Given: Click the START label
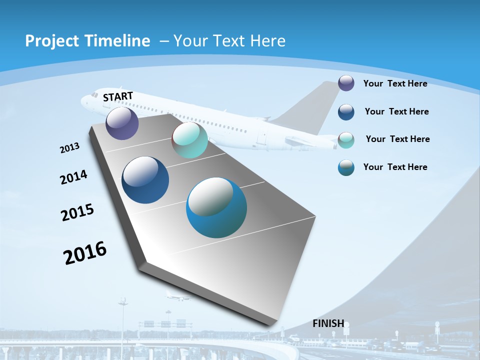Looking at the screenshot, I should coord(118,96).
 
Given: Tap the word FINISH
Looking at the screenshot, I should coord(328,323).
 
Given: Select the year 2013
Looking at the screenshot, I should coord(69,148).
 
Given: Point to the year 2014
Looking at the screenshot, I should coord(73,177).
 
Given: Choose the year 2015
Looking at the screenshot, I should coord(77,212).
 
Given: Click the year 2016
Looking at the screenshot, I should coord(85,252).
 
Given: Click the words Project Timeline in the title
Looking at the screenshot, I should coord(87,41).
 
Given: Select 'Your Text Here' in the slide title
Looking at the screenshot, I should coord(229,41).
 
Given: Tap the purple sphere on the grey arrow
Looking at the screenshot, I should coord(122,123).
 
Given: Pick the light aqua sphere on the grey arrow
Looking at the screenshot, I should coord(189,140).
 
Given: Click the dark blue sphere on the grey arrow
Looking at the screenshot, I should coord(145,180).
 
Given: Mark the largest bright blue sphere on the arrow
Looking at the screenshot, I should coord(216,207).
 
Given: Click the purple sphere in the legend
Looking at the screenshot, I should coord(346,83).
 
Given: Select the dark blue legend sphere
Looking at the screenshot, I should coord(346,111).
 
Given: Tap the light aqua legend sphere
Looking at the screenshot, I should coord(346,139).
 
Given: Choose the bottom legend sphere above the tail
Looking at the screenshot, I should coord(346,167).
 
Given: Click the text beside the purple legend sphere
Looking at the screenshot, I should coord(395,83).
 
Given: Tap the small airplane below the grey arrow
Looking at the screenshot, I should coord(177,296).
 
